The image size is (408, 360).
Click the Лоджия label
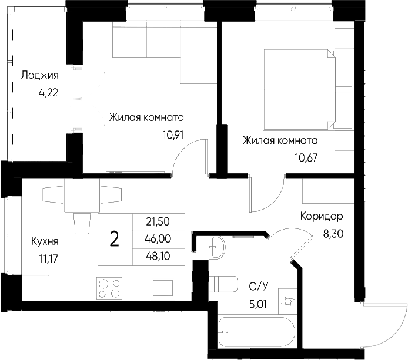click(39, 75)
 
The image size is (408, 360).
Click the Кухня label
click(45, 241)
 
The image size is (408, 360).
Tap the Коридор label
click(322, 216)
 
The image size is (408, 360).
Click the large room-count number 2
click(115, 239)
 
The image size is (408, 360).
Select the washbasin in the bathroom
click(218, 247)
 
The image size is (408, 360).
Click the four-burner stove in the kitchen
click(109, 288)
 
